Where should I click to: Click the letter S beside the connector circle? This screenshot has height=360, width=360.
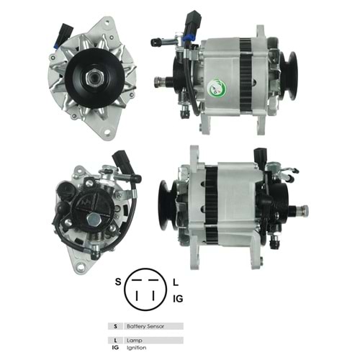pos(118,282)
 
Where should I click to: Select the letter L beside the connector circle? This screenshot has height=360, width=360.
pos(176,282)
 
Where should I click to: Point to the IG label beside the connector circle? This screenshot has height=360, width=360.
pos(178,299)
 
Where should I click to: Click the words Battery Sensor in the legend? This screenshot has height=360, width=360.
pos(145,326)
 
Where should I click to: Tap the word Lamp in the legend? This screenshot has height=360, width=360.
pos(135,341)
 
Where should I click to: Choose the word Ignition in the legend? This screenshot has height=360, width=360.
pos(136,348)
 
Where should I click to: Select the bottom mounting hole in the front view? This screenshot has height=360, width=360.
pos(107,132)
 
